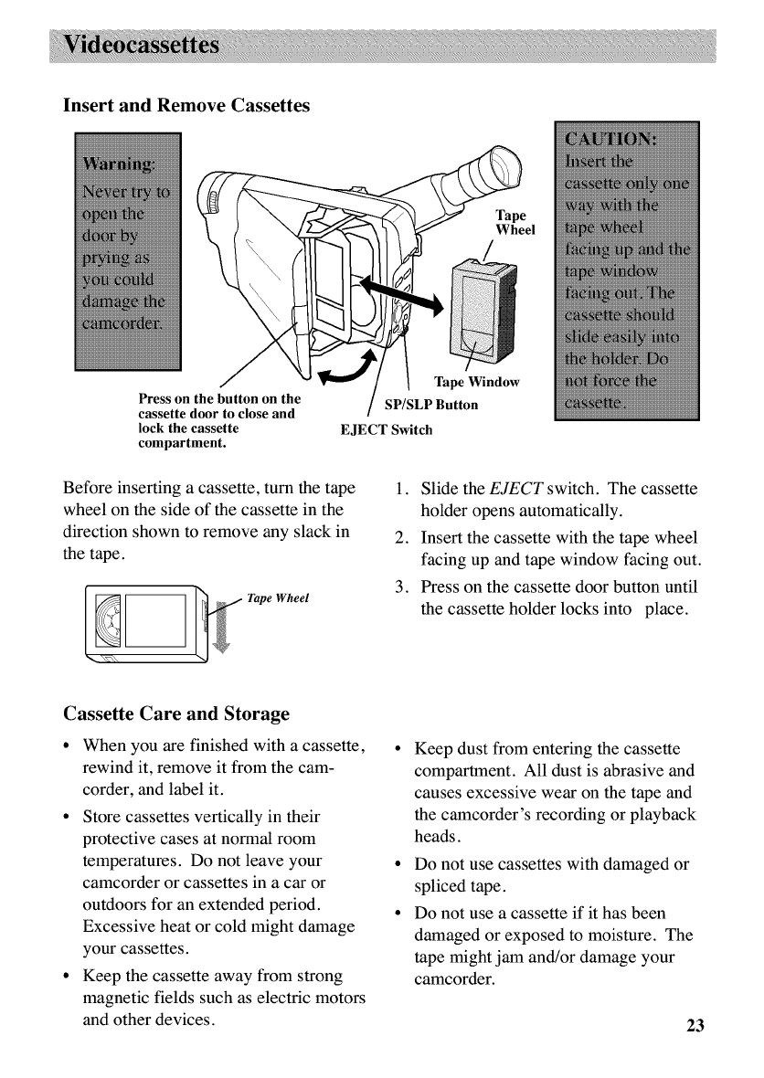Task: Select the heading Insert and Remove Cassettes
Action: click(186, 106)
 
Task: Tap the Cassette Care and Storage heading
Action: click(176, 713)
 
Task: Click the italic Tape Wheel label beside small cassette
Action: click(279, 598)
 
